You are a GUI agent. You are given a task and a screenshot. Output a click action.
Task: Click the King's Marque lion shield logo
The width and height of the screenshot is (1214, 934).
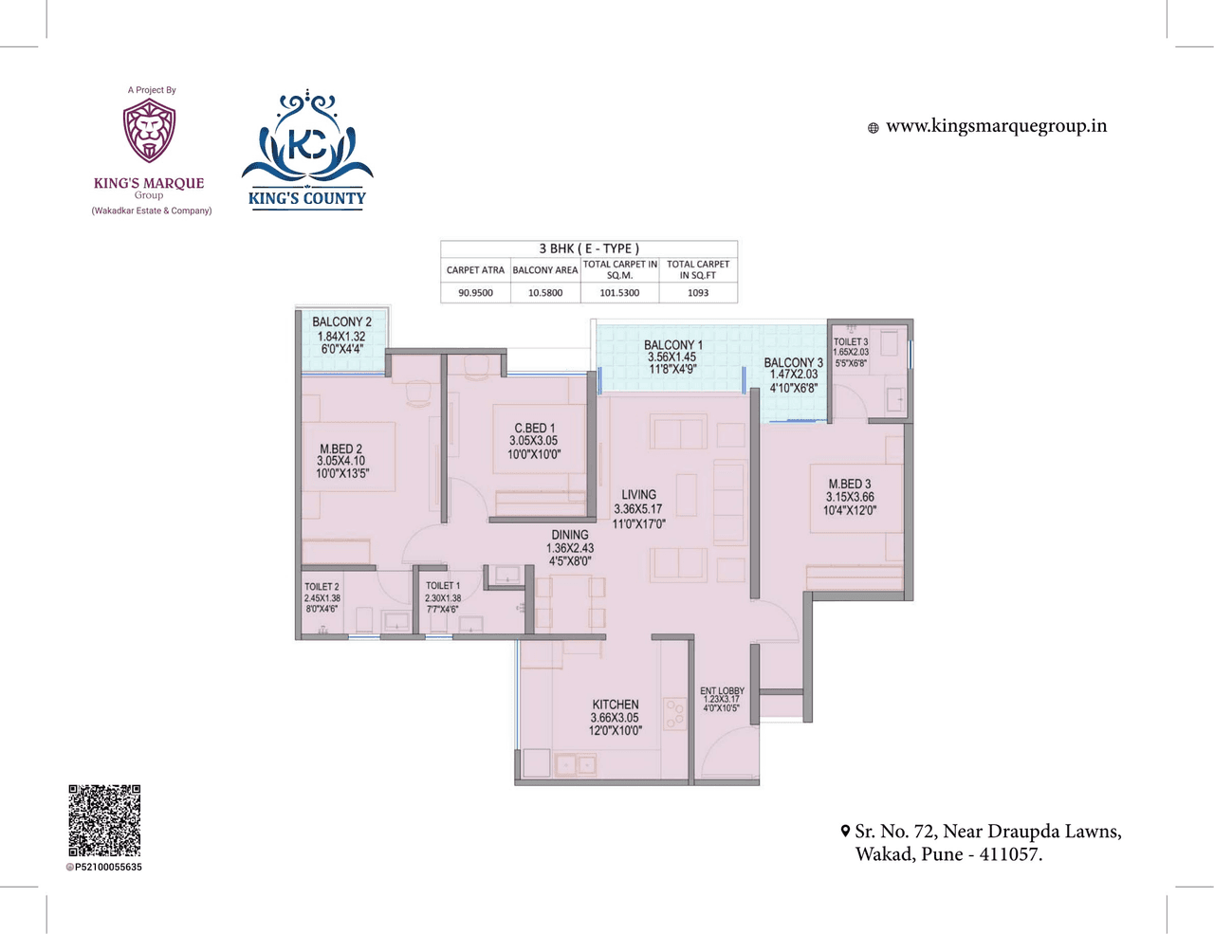coord(149,132)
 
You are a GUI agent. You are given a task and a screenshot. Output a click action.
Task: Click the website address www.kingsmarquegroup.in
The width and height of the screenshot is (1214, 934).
coord(996,126)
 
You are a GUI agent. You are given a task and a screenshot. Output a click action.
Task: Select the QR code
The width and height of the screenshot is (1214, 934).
coord(104,820)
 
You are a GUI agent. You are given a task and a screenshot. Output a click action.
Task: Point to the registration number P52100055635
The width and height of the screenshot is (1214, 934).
coord(108,867)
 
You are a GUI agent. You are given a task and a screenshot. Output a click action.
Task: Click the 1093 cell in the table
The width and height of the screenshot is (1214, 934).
coord(698,293)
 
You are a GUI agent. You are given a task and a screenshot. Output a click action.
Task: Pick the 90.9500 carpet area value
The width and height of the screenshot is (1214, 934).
coord(475,293)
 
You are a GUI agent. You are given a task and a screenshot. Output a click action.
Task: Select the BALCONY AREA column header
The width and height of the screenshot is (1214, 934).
coord(545,270)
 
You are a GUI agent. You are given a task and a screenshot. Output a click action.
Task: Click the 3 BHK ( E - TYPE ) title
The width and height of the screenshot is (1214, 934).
coord(589,248)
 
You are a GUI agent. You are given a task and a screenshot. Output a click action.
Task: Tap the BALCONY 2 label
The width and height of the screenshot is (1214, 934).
coord(341,322)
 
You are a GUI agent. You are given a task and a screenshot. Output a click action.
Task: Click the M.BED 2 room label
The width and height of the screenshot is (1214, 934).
coord(341,449)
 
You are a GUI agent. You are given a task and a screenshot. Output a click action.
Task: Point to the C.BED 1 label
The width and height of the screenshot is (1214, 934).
coord(534,429)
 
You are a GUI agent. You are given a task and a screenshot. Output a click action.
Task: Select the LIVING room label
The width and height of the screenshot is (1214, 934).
coord(638,495)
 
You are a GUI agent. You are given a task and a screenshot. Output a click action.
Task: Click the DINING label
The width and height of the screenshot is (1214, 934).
coord(570,535)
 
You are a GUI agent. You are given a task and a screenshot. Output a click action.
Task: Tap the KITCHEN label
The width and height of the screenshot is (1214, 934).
coord(616,705)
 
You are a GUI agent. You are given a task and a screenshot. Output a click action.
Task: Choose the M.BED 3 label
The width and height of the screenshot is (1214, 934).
coord(850,485)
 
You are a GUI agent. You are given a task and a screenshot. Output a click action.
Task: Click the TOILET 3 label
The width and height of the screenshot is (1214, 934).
coord(851,342)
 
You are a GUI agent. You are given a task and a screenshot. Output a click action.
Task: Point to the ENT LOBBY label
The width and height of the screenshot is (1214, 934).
coord(722,691)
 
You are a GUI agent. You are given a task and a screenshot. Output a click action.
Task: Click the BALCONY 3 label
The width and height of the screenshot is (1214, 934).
coord(793,363)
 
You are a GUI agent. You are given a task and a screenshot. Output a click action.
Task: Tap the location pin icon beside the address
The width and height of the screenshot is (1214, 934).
coord(845,832)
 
